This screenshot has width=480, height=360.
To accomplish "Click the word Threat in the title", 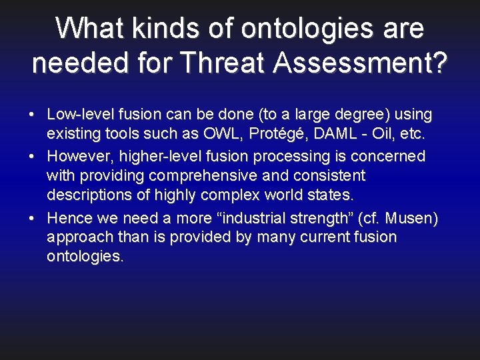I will (223, 63).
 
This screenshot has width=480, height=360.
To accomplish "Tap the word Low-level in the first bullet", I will (77, 115).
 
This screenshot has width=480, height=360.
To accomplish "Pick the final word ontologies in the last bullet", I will (85, 257).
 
